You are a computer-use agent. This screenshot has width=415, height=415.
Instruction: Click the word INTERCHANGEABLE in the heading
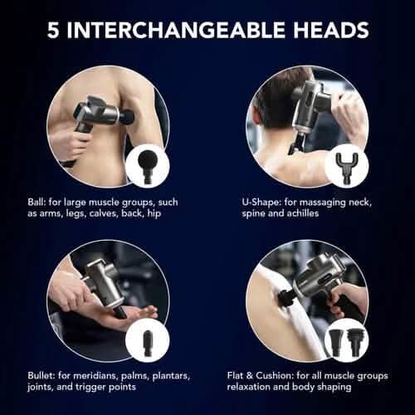pos(179,31)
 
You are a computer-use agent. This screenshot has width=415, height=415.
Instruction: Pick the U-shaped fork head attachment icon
pos(345,163)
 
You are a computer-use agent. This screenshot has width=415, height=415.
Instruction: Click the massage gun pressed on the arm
pos(96,116)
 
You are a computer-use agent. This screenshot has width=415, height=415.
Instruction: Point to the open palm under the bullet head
pos(129,315)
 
